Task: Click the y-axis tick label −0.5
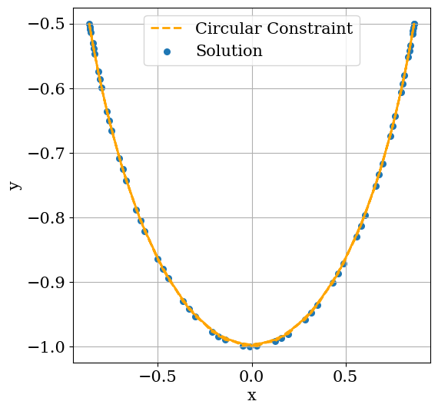(x=46, y=24)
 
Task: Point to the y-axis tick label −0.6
(x=46, y=88)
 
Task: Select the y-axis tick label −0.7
(x=46, y=153)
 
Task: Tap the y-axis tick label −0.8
(x=46, y=217)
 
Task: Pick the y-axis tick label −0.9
(x=46, y=282)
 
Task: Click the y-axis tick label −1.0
(x=46, y=346)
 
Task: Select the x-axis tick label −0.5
(x=158, y=377)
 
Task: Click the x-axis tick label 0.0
(x=251, y=377)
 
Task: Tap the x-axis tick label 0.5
(x=346, y=377)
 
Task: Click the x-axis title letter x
(x=251, y=396)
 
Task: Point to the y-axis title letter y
(x=14, y=185)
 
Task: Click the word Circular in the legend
(x=227, y=29)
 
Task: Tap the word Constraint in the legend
(x=309, y=29)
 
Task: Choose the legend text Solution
(x=229, y=51)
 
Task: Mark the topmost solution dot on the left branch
(x=89, y=25)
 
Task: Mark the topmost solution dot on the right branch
(x=414, y=25)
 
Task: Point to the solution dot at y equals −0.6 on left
(x=101, y=88)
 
